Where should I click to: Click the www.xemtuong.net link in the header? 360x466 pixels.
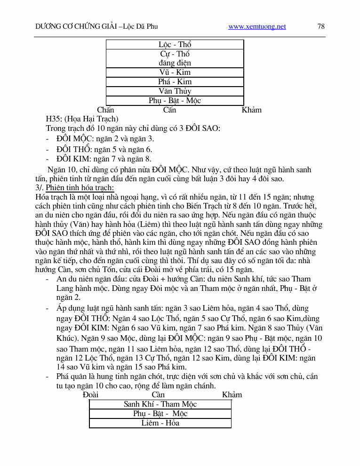tap(257, 27)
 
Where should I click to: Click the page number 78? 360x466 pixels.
tap(321, 26)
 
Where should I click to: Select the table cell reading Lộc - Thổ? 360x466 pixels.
tap(175, 45)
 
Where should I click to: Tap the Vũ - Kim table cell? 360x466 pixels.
tap(175, 72)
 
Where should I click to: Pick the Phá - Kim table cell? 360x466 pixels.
tap(175, 82)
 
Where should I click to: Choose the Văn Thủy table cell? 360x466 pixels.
tap(175, 91)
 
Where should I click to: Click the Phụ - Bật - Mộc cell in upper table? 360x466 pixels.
tap(175, 101)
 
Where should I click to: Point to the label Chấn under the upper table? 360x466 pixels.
tap(105, 110)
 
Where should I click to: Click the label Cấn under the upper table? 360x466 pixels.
tap(169, 110)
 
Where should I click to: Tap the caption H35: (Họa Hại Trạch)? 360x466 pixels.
tap(82, 119)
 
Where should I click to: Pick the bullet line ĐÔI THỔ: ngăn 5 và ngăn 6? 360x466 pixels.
tap(104, 149)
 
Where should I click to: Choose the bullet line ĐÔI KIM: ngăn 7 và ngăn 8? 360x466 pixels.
tap(104, 159)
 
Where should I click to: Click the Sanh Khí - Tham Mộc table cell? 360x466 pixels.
tap(160, 404)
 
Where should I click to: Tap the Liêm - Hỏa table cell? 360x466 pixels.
tap(160, 423)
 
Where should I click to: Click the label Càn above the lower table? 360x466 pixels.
tap(158, 394)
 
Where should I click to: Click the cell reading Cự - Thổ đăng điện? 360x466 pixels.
tap(175, 58)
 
